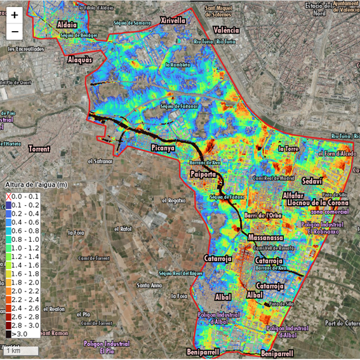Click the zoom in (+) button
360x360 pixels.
[15, 15]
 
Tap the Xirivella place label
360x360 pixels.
[173, 20]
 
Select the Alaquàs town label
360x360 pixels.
[80, 60]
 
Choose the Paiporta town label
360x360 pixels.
[204, 174]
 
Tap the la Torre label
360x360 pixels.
[288, 149]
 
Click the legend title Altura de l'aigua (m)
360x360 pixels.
[35, 185]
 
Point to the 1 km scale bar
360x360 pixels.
[19, 350]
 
